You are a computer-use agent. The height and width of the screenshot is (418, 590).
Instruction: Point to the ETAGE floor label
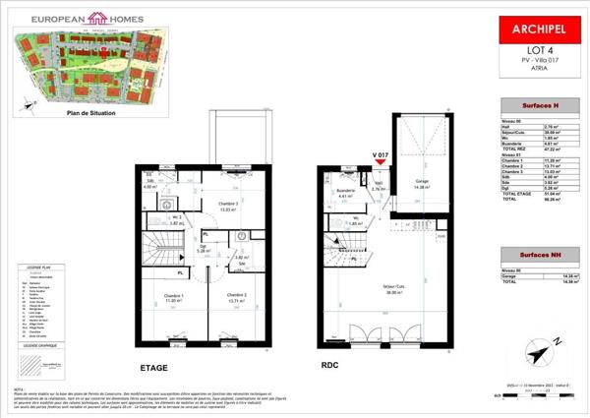153,367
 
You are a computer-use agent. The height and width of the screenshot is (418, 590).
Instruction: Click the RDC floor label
329,363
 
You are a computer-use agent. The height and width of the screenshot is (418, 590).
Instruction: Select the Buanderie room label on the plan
343,191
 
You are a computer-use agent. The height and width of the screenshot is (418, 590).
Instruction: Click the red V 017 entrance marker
382,157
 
